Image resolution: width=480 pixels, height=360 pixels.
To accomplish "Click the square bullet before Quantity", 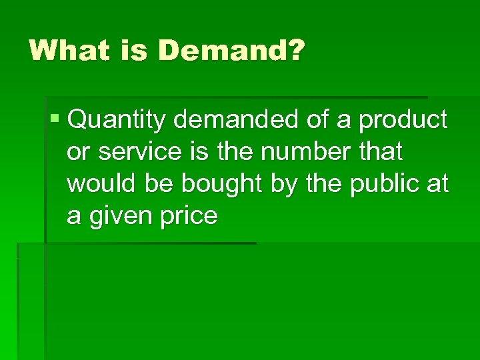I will pos(54,119).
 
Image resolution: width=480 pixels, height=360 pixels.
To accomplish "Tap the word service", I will pos(139,152).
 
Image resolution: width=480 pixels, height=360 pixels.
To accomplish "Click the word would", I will pos(99,184).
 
